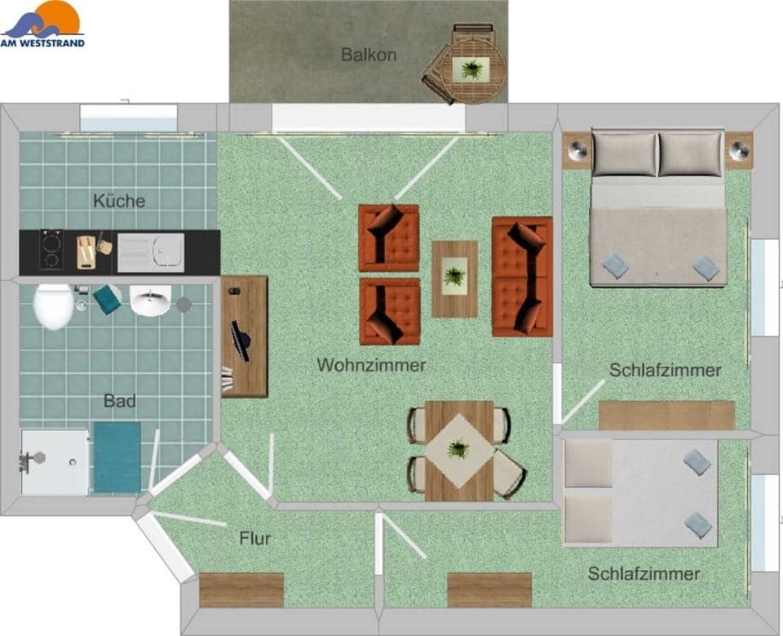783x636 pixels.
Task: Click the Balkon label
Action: point(369,56)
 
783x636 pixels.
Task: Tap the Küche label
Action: point(119,201)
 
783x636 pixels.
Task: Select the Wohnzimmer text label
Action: point(371,365)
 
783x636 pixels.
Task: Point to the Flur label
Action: point(254,539)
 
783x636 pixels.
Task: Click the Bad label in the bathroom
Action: point(119,401)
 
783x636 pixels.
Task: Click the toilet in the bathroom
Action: point(53,306)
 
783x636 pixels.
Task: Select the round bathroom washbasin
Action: point(150,300)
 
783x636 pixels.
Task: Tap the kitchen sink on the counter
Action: point(150,251)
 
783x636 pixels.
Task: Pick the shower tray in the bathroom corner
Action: point(54,462)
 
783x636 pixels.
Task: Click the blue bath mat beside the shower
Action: point(117,457)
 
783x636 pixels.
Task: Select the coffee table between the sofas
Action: point(454,278)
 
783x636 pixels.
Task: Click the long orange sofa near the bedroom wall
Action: point(521,277)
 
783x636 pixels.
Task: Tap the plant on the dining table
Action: point(458,448)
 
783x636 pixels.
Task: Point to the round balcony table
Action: point(472,71)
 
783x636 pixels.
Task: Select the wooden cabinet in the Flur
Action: point(241,589)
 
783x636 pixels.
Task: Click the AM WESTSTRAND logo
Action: point(42,24)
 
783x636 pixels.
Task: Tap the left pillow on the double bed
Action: point(624,153)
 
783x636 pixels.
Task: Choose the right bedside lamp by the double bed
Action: point(739,150)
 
